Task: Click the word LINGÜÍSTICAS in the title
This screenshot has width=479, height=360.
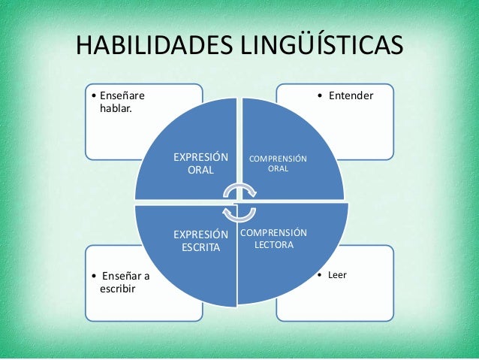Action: [324, 46]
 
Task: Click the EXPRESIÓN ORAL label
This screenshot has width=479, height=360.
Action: [200, 164]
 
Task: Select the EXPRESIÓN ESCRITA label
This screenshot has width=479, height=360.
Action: [200, 240]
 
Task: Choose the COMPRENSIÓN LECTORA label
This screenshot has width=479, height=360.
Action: [273, 238]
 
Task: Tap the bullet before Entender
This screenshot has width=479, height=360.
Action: [319, 96]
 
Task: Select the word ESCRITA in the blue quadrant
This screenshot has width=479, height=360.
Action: [200, 247]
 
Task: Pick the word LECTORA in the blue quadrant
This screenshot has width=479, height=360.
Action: [273, 245]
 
